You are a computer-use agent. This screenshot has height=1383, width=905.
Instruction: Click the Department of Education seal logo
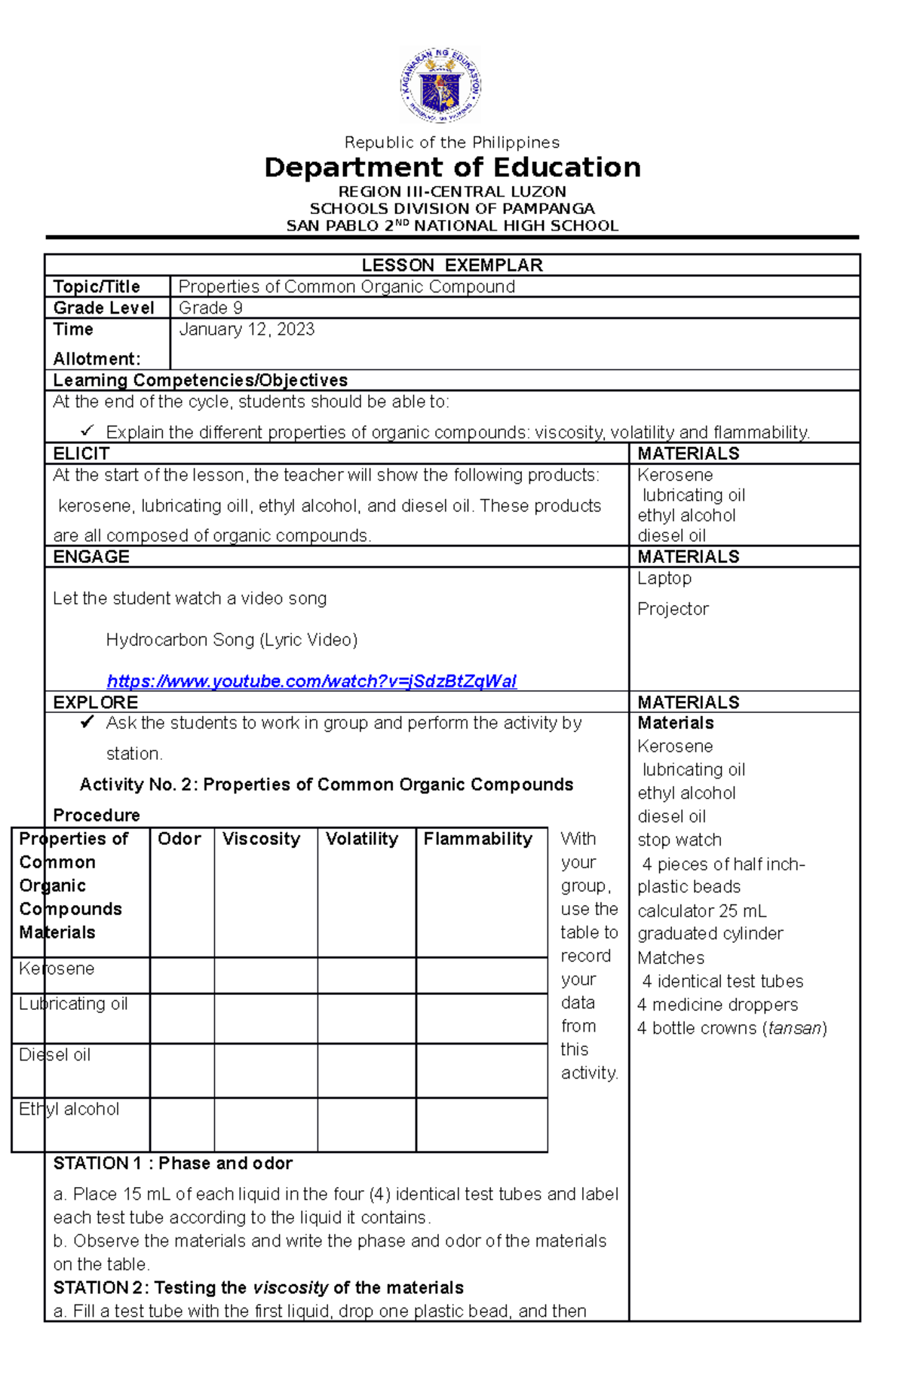(x=440, y=85)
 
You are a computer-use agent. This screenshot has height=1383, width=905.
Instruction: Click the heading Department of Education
(x=452, y=167)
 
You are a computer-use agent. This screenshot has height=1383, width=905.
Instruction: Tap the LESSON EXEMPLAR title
(x=452, y=265)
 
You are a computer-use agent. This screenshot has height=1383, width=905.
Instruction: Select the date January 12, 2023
(x=247, y=329)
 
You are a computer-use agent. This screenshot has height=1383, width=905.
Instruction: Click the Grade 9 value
(x=210, y=308)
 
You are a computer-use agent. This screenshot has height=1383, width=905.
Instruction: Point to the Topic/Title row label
(x=97, y=286)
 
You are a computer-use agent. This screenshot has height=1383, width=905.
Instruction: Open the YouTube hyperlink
(x=311, y=681)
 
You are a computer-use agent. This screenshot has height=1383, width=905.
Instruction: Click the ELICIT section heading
(x=81, y=454)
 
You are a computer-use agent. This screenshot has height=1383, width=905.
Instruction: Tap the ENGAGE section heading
(x=91, y=557)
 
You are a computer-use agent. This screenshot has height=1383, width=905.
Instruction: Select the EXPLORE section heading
(x=96, y=702)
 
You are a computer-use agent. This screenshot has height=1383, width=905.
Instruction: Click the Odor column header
(x=179, y=839)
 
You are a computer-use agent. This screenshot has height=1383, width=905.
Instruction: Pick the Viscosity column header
(x=261, y=839)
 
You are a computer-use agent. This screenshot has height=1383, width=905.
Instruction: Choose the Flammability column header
(x=478, y=839)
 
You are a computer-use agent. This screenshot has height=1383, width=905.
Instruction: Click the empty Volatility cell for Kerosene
(x=367, y=975)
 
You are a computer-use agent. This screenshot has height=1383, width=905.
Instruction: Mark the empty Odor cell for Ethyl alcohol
(x=182, y=1124)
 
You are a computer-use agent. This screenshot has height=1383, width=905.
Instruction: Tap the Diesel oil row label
(x=55, y=1055)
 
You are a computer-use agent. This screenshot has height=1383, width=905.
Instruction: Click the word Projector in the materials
(x=673, y=609)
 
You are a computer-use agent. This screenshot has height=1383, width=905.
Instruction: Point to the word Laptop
(x=664, y=578)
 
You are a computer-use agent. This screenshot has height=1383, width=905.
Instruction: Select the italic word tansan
(x=795, y=1028)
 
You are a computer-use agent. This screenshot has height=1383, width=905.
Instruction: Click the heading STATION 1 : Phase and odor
(x=173, y=1163)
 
